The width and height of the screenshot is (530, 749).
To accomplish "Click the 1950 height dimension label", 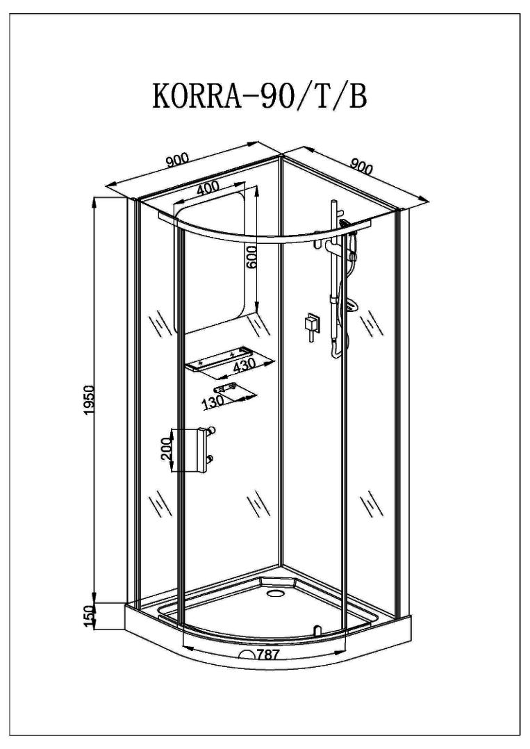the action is click(91, 400).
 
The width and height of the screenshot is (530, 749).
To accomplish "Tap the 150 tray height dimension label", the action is click(90, 617).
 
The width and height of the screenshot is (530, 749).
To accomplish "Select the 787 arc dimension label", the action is click(268, 655).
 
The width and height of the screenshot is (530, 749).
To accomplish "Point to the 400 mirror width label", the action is click(207, 188).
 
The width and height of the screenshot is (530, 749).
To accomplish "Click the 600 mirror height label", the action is click(252, 258).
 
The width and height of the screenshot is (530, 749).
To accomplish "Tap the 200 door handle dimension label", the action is click(166, 447).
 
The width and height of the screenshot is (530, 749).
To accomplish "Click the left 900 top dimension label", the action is click(177, 160).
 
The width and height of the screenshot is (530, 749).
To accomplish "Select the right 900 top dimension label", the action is click(361, 165).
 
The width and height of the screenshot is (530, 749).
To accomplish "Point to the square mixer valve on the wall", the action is click(312, 323).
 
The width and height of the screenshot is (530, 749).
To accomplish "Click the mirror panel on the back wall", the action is click(210, 262).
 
